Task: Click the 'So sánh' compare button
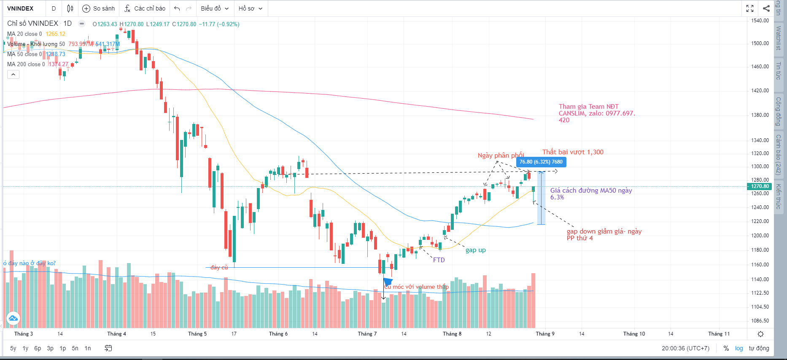point(99,8)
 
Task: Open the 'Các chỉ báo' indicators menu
point(145,8)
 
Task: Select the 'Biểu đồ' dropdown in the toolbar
point(215,8)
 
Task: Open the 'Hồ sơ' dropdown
point(250,8)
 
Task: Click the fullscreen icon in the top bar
point(750,8)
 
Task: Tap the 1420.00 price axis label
point(760,91)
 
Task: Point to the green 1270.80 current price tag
point(760,186)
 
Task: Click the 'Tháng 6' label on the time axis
point(278,334)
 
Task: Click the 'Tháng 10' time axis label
point(634,334)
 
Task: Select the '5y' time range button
point(13,348)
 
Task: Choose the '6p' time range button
point(38,348)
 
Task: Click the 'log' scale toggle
point(739,348)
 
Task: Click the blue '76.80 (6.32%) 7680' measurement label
point(541,162)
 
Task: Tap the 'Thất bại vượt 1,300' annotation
point(573,152)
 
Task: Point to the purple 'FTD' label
point(439,260)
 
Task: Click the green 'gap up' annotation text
point(475,250)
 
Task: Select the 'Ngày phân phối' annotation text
point(501,156)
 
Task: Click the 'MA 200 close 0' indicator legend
point(26,64)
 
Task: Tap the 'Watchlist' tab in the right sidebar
point(779,38)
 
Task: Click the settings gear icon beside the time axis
point(760,334)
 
